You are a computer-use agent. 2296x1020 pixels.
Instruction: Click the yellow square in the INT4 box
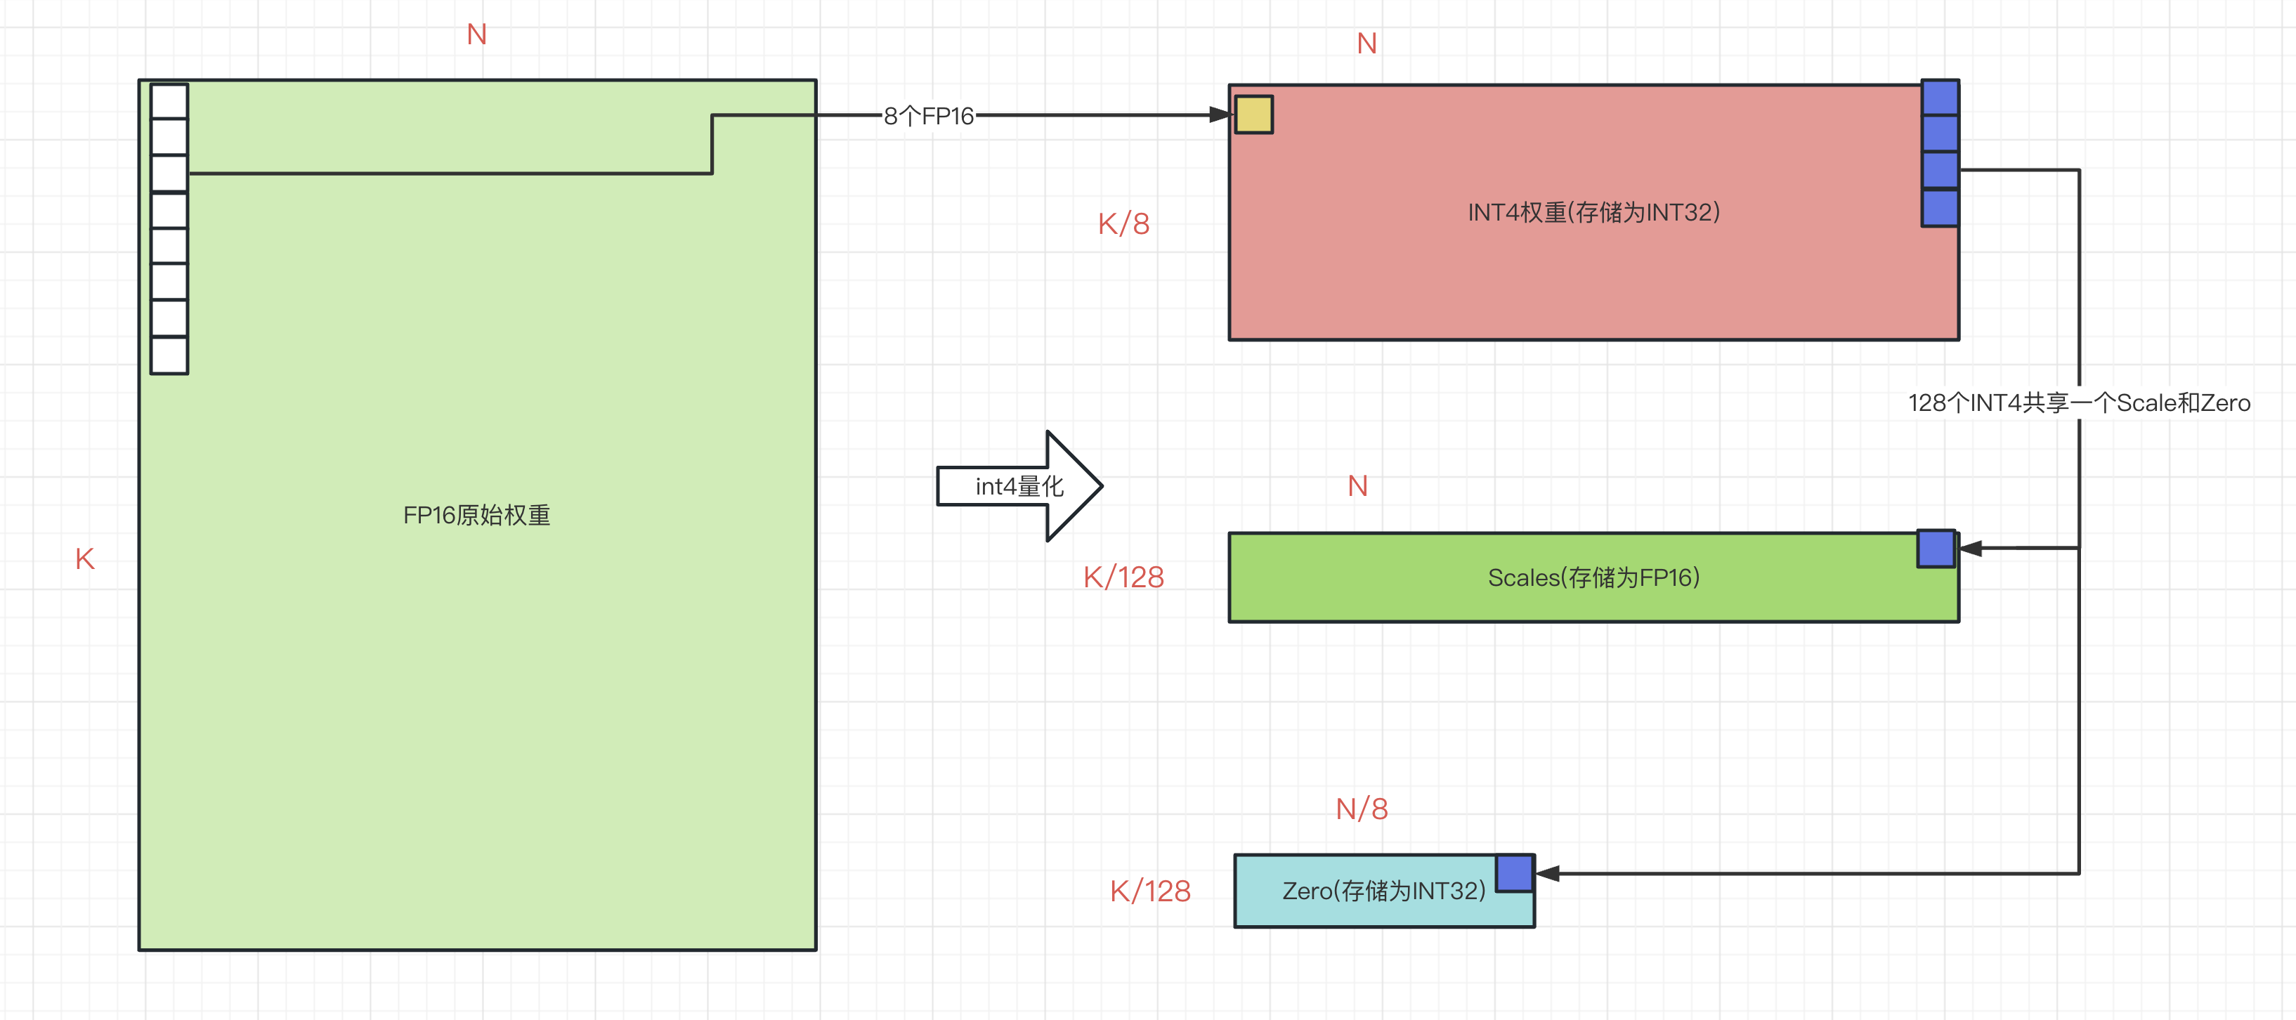(x=1253, y=115)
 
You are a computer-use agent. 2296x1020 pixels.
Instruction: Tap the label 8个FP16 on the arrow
(x=928, y=116)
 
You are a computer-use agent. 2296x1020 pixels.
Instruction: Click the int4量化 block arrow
(x=1019, y=486)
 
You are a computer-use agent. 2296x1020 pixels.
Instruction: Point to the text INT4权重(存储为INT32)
(x=1593, y=212)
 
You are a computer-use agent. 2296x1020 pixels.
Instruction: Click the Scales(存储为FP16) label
(x=1593, y=577)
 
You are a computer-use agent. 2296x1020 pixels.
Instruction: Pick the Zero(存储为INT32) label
(x=1383, y=891)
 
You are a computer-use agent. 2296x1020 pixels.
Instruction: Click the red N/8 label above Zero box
(x=1361, y=809)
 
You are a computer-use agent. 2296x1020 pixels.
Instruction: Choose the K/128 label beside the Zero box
(x=1150, y=891)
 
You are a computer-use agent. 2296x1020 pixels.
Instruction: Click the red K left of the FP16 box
(x=85, y=558)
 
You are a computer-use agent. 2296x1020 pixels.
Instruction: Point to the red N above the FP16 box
(x=477, y=34)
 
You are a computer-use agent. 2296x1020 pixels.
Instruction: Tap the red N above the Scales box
(x=1357, y=486)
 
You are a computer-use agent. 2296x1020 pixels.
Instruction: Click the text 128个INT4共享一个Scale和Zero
(x=2078, y=403)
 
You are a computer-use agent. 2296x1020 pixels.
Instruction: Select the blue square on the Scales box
(x=1936, y=549)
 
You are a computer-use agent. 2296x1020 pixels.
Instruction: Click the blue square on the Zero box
(x=1513, y=873)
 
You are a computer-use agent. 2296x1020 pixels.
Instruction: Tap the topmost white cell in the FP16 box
(x=169, y=102)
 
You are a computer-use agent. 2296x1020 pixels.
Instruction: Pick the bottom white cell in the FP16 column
(x=169, y=355)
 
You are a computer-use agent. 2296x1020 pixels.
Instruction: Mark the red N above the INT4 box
(x=1366, y=44)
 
